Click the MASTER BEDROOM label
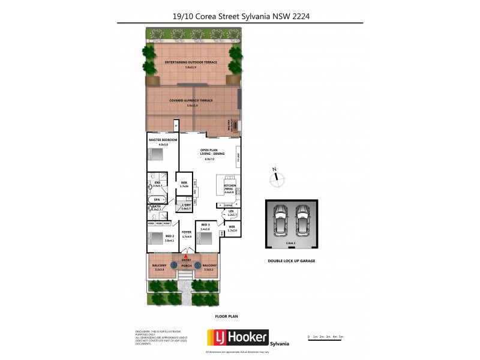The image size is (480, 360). tap(163, 140)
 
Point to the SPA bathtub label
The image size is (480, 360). tap(157, 199)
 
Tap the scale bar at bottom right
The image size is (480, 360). tap(325, 336)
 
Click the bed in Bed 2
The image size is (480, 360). tap(156, 238)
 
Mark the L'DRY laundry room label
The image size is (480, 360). tap(186, 206)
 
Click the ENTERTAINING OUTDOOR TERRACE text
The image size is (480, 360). tap(193, 62)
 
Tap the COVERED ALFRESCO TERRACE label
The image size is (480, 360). tap(191, 101)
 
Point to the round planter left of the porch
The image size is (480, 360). tap(175, 265)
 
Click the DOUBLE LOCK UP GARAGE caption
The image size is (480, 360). tap(292, 261)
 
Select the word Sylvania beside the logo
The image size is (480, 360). tap(280, 343)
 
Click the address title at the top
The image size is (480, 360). tap(240, 17)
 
